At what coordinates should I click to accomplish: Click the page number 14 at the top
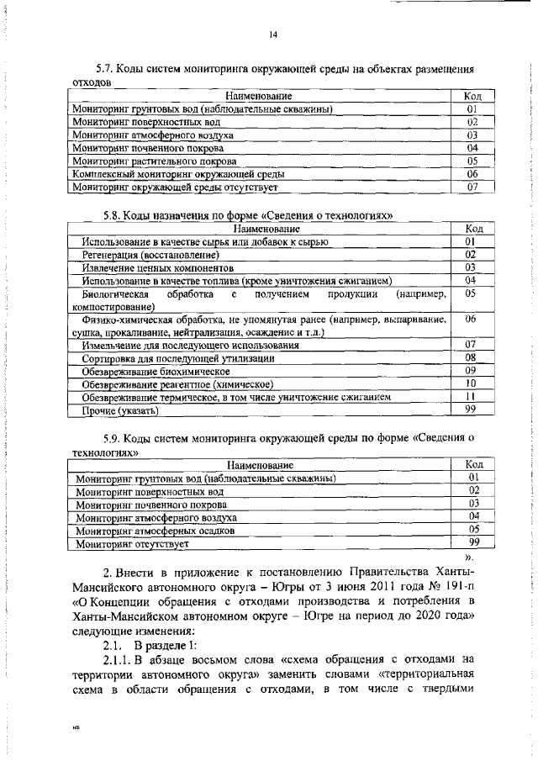click(273, 34)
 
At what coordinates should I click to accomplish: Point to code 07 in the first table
click(472, 187)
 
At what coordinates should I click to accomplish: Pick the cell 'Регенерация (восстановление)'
click(150, 254)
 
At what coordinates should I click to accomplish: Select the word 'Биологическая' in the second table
click(115, 295)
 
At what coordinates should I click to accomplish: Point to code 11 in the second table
click(471, 396)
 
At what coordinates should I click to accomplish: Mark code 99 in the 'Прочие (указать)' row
click(471, 410)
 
